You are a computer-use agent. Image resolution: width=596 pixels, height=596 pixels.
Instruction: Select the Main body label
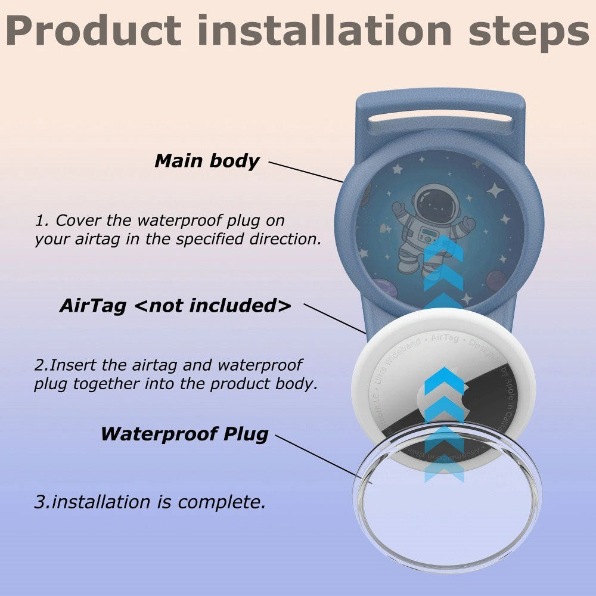207,161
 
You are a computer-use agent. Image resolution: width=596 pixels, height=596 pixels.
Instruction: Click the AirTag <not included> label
175,306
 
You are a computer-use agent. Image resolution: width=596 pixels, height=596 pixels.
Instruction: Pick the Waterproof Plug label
184,433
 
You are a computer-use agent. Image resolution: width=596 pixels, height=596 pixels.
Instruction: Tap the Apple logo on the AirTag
441,405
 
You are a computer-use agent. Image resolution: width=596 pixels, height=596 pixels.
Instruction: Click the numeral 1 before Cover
39,221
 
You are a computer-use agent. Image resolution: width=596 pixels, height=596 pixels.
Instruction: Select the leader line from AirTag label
334,318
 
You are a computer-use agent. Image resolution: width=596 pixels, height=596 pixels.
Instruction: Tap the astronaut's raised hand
398,208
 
